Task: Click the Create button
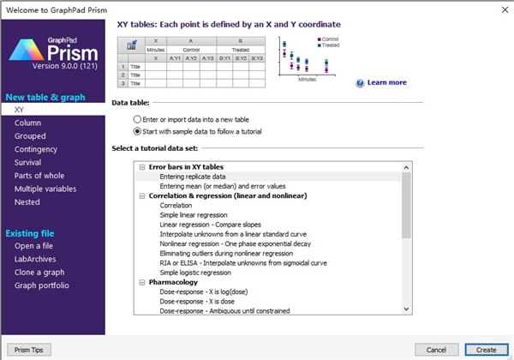(486, 350)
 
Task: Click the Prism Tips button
(28, 350)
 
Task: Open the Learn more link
(386, 83)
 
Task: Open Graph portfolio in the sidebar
(42, 286)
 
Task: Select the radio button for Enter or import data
(138, 118)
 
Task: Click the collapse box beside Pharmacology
(141, 282)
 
